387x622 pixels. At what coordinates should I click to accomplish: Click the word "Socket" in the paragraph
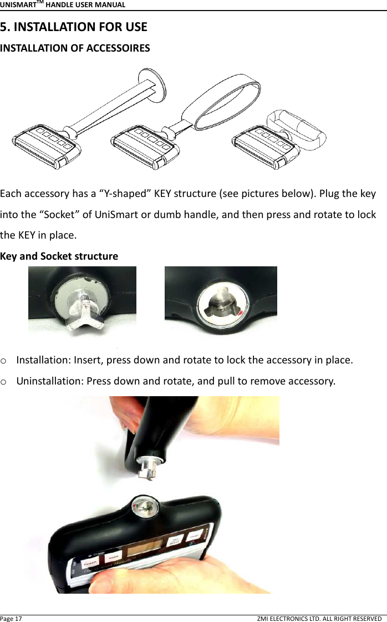tap(63, 215)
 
